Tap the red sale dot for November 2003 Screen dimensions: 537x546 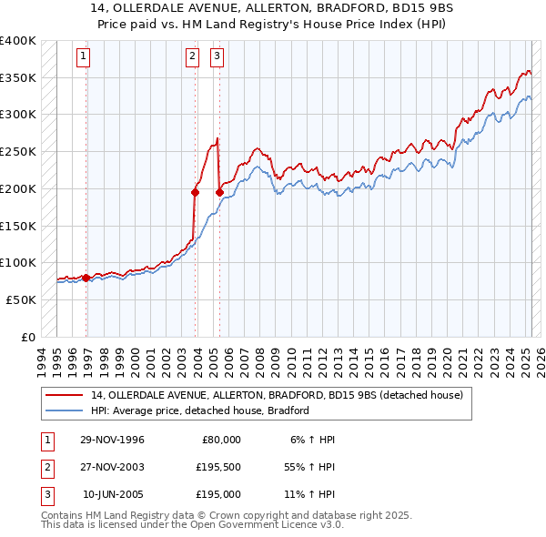tap(196, 192)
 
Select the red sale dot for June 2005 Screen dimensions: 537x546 tap(219, 192)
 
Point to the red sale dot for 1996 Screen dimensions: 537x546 tap(86, 278)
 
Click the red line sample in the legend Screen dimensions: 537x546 tap(65, 395)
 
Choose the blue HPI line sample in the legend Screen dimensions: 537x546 tap(65, 410)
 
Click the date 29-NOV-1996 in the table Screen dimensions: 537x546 tap(112, 440)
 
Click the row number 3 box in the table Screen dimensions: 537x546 tap(45, 494)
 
